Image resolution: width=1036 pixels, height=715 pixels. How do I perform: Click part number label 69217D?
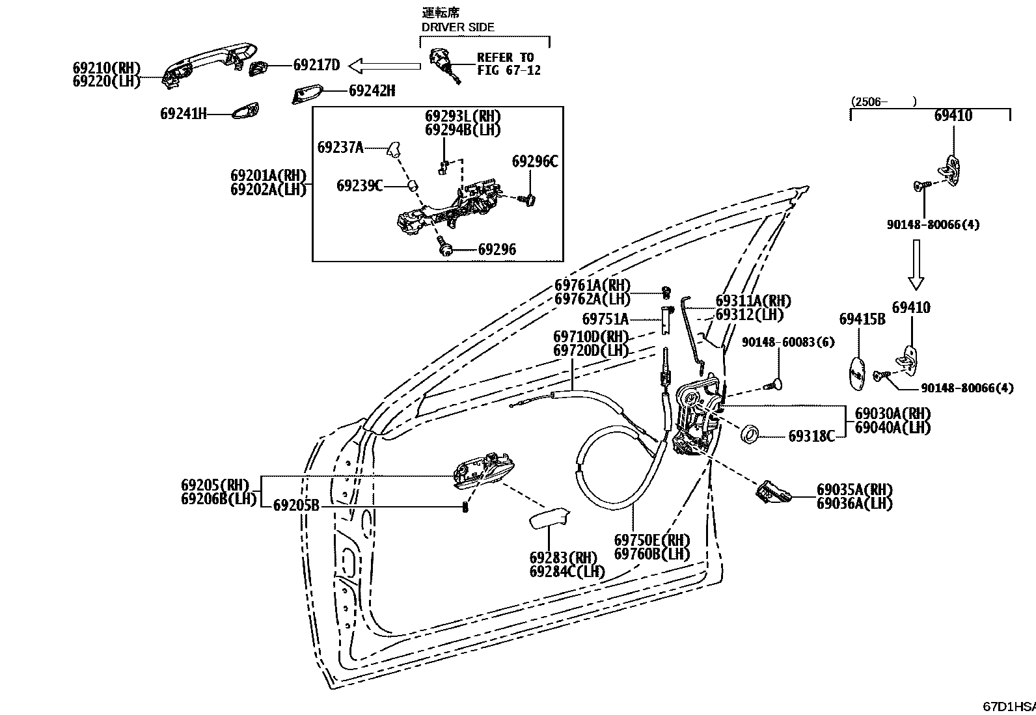pyautogui.click(x=316, y=64)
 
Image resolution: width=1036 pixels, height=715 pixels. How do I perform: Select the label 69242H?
pyautogui.click(x=372, y=90)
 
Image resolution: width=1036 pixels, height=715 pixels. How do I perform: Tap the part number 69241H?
pyautogui.click(x=183, y=113)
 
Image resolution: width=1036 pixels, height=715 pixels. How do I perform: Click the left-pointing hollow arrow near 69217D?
pyautogui.click(x=385, y=65)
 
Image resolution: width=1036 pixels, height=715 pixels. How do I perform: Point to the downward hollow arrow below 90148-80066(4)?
pyautogui.click(x=916, y=264)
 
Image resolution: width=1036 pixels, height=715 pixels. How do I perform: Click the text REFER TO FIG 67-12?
pyautogui.click(x=508, y=64)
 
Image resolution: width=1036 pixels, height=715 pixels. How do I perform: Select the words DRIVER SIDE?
pyautogui.click(x=458, y=27)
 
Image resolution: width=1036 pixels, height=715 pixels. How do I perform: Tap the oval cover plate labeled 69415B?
pyautogui.click(x=858, y=375)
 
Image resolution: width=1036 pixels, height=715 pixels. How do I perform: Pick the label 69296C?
pyautogui.click(x=535, y=161)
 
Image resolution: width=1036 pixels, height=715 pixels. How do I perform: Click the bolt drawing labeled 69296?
pyautogui.click(x=446, y=248)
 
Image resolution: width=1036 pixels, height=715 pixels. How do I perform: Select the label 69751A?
pyautogui.click(x=605, y=319)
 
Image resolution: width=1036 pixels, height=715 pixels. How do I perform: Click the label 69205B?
pyautogui.click(x=296, y=505)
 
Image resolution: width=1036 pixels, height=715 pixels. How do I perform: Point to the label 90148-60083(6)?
pyautogui.click(x=788, y=342)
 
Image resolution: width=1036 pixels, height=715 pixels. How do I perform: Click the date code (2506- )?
pyautogui.click(x=883, y=101)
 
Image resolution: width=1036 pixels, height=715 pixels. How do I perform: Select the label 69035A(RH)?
pyautogui.click(x=854, y=489)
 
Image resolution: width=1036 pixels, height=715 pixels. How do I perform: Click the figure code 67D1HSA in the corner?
pyautogui.click(x=1009, y=706)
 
